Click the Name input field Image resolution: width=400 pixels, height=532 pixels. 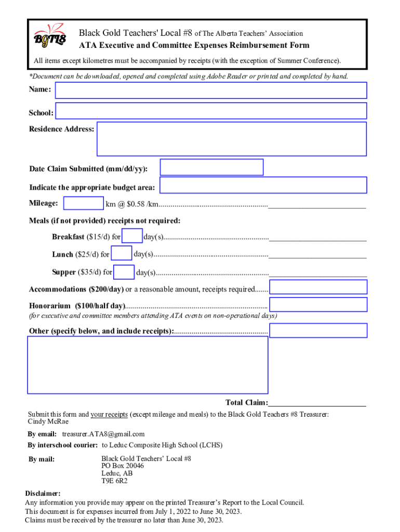click(x=211, y=90)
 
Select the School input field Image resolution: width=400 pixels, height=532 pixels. click(x=211, y=111)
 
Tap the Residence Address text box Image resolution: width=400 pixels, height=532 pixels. click(x=232, y=139)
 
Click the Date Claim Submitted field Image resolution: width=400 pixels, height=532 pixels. click(x=211, y=167)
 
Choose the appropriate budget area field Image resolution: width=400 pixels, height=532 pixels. click(x=263, y=185)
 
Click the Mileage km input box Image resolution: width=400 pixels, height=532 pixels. click(x=83, y=204)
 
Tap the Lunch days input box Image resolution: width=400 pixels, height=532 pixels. click(x=122, y=254)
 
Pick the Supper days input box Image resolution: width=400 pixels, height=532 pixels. click(x=124, y=272)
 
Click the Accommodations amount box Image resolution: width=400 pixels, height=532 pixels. click(x=318, y=287)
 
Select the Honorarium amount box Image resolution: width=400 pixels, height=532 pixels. click(x=318, y=304)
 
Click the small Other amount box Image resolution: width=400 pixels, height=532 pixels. click(x=318, y=330)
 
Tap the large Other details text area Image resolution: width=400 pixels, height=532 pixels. click(x=148, y=365)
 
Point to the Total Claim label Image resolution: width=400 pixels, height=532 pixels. click(x=246, y=403)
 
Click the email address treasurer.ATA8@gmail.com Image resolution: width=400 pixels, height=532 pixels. click(x=103, y=434)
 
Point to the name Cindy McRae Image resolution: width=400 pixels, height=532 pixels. click(x=48, y=421)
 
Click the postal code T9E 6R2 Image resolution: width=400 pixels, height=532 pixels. click(x=114, y=481)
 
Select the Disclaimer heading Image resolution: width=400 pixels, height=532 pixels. click(x=43, y=493)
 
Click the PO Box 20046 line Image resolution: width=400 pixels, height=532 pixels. click(x=123, y=466)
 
